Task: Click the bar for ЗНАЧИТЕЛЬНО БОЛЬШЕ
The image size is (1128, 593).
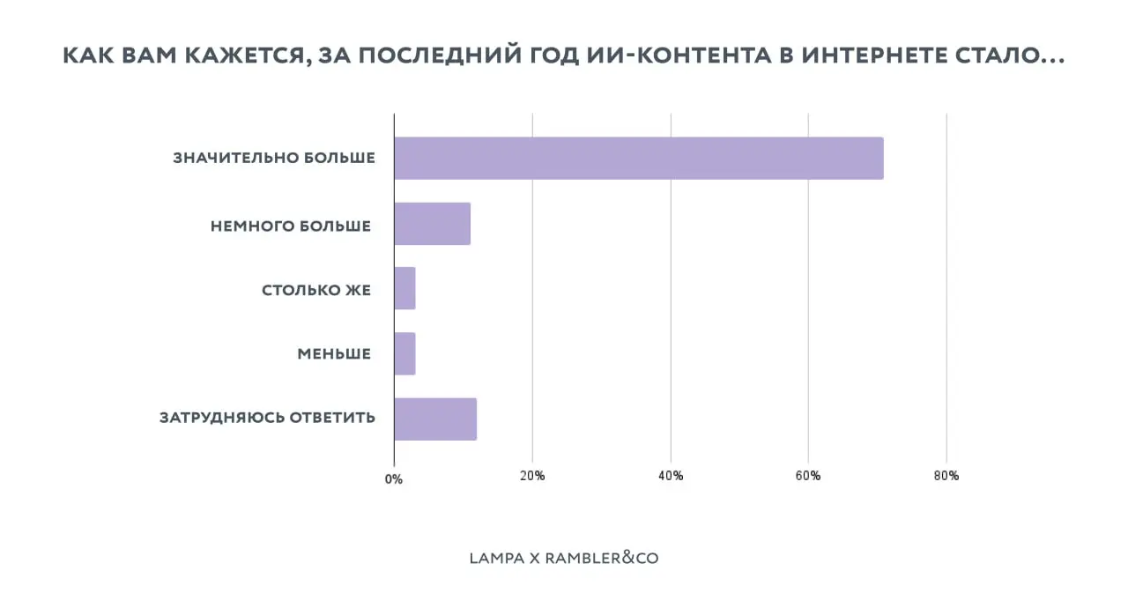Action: coord(638,159)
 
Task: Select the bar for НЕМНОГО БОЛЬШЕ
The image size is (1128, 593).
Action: coord(432,224)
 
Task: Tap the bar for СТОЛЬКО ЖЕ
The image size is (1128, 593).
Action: coord(404,288)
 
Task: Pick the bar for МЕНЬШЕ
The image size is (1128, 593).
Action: coord(404,353)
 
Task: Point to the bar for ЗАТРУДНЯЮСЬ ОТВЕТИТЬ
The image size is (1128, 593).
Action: coord(435,419)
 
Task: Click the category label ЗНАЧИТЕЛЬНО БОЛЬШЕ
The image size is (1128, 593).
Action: coord(274,159)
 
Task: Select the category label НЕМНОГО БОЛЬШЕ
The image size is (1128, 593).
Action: coord(291,226)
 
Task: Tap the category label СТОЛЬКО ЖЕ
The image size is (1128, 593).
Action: coord(316,290)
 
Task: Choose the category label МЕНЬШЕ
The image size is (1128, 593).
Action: coord(334,354)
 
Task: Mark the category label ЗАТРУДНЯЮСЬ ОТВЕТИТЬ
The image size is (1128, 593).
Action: coord(267,418)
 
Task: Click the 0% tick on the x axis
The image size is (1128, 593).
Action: coord(394,479)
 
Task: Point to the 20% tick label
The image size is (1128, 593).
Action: coord(532,476)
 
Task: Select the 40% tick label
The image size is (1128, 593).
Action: coord(671,476)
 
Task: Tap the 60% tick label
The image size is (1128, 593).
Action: coord(808,476)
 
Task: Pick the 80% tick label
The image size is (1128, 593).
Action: coord(946,476)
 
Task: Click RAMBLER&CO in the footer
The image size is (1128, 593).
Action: coord(602,558)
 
